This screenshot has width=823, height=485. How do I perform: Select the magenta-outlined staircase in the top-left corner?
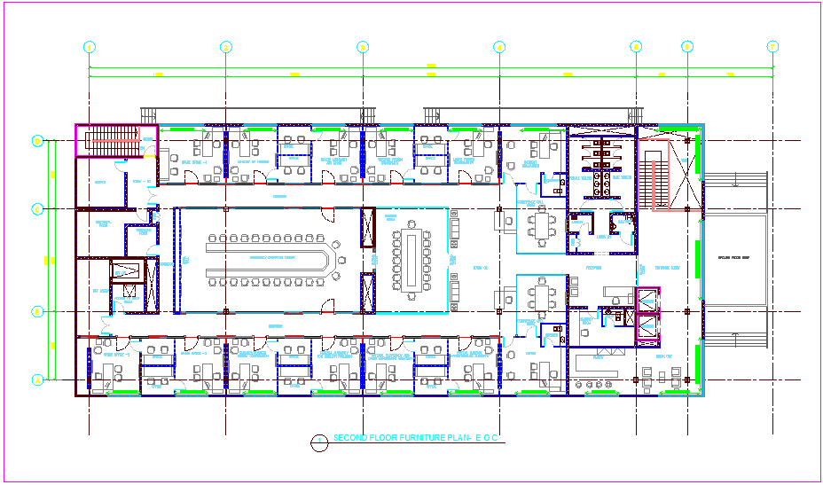[106, 140]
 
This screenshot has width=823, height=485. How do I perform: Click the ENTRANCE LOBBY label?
[667, 267]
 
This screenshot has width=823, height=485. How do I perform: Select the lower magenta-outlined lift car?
[647, 328]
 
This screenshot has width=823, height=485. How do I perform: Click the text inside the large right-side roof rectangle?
[734, 258]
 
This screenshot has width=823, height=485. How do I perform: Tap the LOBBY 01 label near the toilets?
[603, 237]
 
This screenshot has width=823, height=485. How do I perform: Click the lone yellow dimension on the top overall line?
[431, 65]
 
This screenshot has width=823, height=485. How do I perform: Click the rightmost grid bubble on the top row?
[772, 47]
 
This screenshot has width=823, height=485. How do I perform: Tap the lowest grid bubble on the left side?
[38, 380]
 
